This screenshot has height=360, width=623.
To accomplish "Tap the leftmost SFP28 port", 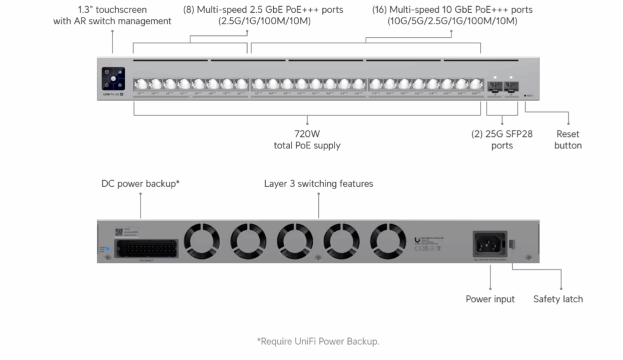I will pos(495,86).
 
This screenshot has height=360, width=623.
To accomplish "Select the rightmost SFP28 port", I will pos(510,86).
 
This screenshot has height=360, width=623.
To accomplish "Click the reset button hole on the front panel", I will pos(526,95).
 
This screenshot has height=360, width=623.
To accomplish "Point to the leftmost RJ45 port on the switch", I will pos(140,85).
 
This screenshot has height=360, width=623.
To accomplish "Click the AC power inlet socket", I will pos(490,244).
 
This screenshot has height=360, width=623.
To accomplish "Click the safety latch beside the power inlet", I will pos(512,244).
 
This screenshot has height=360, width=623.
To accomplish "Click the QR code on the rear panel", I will pos(119,232).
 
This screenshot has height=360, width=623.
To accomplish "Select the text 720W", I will pos(307,134).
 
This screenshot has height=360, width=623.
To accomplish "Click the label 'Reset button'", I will pos(568,139).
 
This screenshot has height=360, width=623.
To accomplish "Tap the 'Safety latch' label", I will pos(558,299).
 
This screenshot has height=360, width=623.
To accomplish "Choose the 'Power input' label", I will pos(490,299).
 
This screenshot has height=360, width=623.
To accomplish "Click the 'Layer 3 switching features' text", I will pos(318,183).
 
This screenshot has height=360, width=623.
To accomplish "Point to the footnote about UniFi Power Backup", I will pos(318,341).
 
